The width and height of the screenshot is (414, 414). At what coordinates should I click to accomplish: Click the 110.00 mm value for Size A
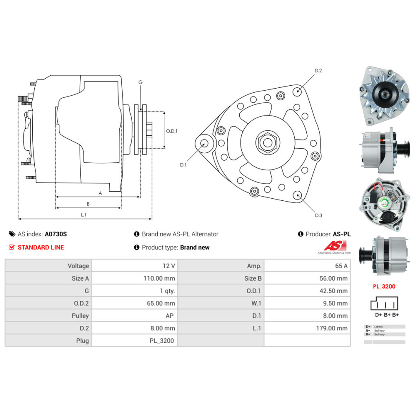click(x=159, y=278)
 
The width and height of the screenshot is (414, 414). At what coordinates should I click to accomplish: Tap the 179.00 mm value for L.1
click(x=332, y=328)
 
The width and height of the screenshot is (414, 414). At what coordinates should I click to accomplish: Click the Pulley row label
click(x=80, y=315)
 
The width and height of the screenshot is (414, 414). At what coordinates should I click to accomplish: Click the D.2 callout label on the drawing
click(x=318, y=71)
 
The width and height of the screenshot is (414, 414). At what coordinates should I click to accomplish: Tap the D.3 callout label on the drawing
click(x=318, y=215)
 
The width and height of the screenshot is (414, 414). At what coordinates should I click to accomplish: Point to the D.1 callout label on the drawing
click(x=183, y=165)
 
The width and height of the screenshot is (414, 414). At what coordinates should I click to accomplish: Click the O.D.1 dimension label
click(x=171, y=131)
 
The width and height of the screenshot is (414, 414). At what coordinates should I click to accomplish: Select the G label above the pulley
click(x=140, y=82)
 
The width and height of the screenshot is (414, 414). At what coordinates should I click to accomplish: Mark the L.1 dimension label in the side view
click(x=83, y=214)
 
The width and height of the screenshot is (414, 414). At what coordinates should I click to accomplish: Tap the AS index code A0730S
click(x=55, y=234)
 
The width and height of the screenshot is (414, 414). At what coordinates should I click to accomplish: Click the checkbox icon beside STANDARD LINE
click(x=12, y=247)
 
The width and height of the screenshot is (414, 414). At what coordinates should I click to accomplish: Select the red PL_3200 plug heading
click(x=383, y=286)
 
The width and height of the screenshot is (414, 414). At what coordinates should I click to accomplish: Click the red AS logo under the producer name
click(x=332, y=246)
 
